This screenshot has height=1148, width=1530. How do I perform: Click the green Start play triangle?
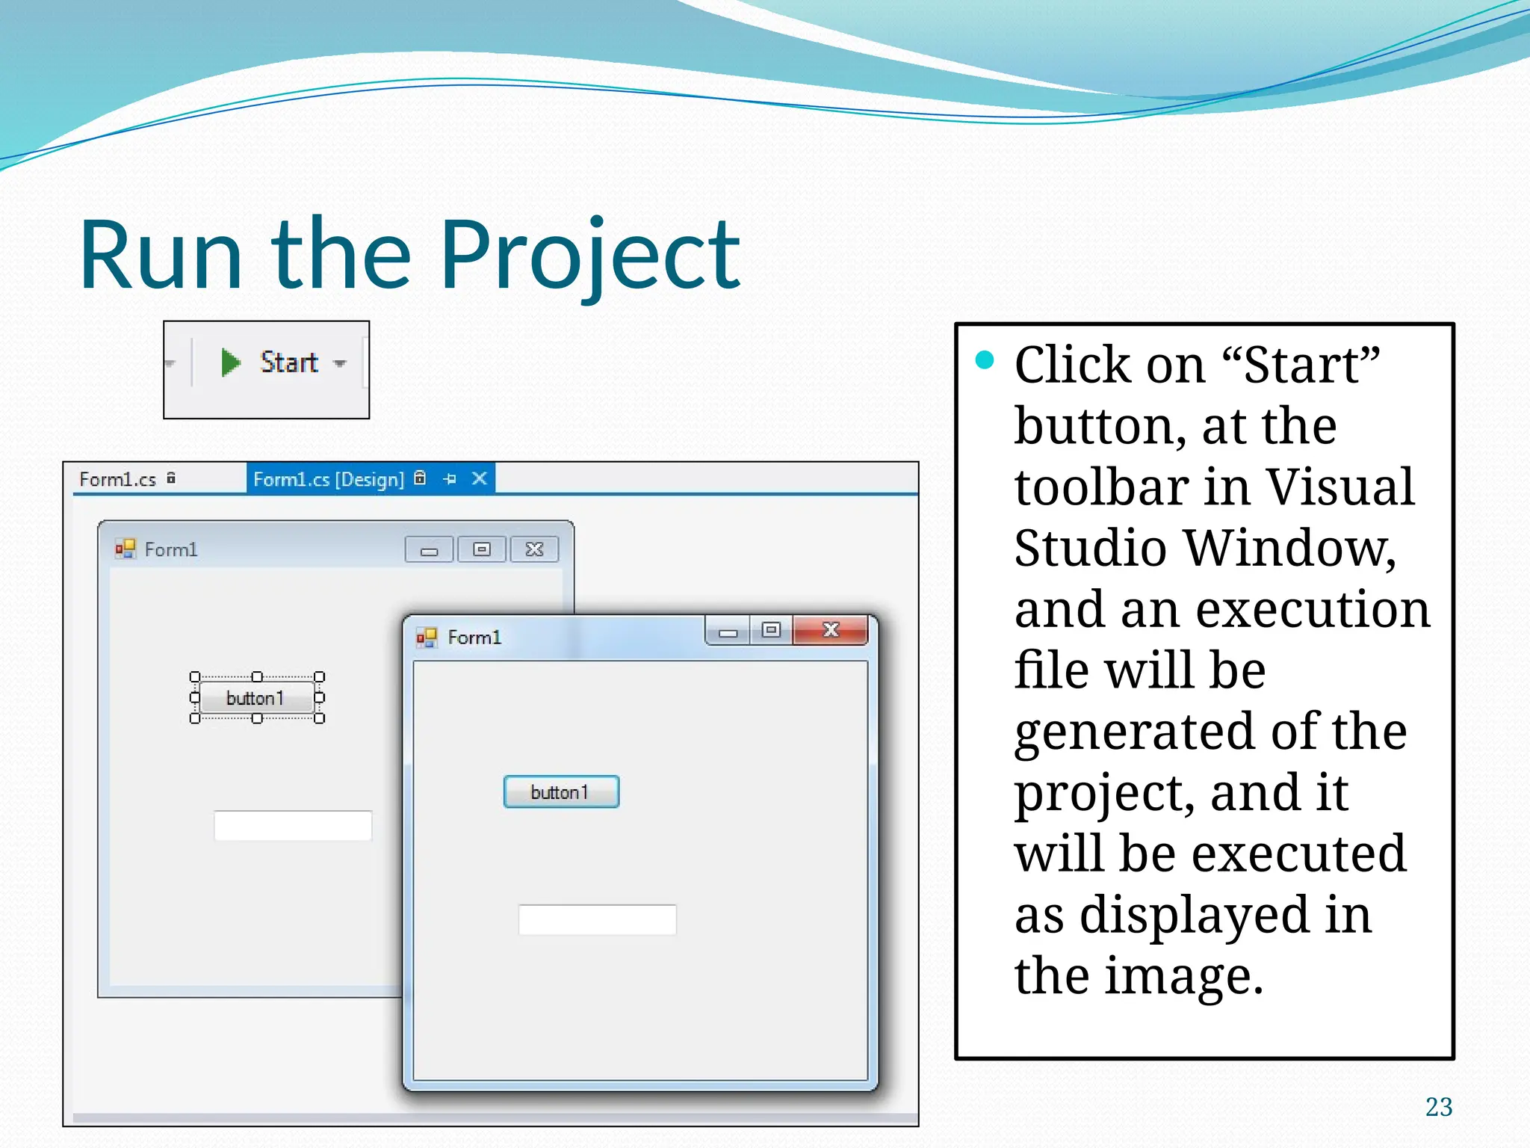coord(230,362)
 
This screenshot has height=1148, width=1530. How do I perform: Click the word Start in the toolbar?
coord(289,362)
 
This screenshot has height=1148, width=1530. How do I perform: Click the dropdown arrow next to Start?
coord(341,364)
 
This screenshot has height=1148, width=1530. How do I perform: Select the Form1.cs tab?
coord(118,479)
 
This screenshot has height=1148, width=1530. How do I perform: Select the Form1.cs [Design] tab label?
coord(328,479)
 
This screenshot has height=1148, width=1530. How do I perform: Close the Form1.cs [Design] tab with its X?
coord(480,478)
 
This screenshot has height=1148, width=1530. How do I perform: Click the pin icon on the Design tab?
coord(450,479)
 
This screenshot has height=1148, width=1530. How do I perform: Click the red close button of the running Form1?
coord(830,630)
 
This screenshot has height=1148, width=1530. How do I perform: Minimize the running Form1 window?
coord(728,632)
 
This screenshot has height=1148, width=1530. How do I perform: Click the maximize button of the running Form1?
coord(771,630)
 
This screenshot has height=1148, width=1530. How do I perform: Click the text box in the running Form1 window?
coord(597,919)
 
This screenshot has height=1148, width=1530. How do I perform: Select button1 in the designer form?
coord(256,698)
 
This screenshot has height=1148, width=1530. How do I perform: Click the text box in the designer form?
coord(293,826)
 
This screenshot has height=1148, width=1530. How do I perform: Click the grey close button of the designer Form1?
coord(534,550)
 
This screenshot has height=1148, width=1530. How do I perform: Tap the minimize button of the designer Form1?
coord(429,551)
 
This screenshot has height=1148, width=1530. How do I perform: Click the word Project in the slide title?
coord(590,256)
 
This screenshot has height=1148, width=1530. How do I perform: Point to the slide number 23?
coord(1438,1107)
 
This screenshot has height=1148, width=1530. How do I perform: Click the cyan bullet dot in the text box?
coord(985,360)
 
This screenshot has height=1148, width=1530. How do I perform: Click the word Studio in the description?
coord(1090,548)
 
